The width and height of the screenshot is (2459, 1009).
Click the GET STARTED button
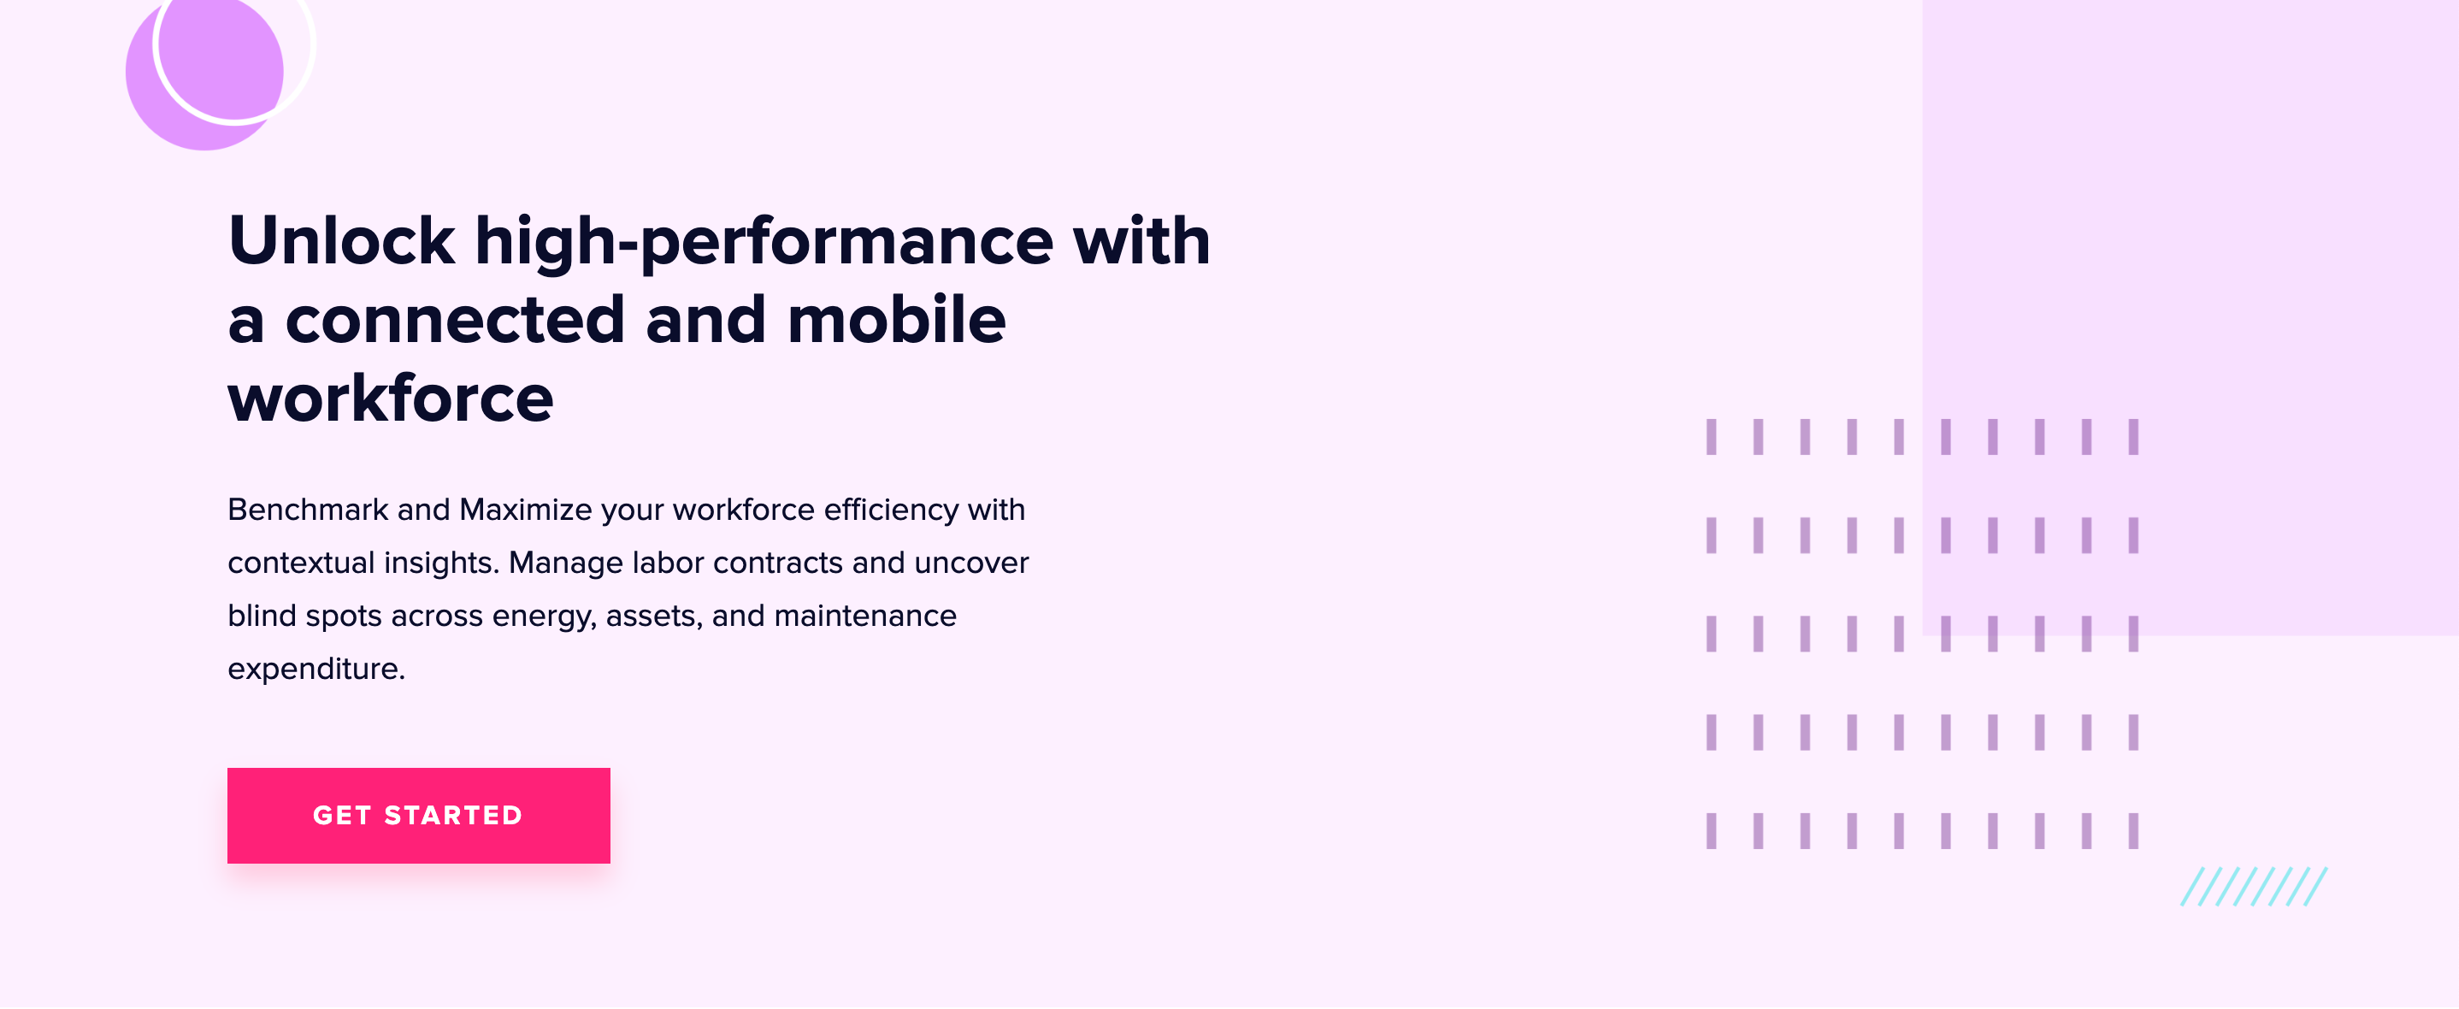click(418, 816)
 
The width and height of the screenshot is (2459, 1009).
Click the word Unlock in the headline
click(341, 240)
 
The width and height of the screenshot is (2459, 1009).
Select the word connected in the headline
click(454, 320)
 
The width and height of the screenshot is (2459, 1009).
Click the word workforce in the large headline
click(391, 399)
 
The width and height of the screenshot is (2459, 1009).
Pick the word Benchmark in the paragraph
click(308, 510)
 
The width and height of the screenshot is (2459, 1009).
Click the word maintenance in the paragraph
click(865, 616)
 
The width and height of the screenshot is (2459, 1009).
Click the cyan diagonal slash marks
click(2253, 887)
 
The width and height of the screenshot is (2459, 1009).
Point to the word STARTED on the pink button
click(453, 816)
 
